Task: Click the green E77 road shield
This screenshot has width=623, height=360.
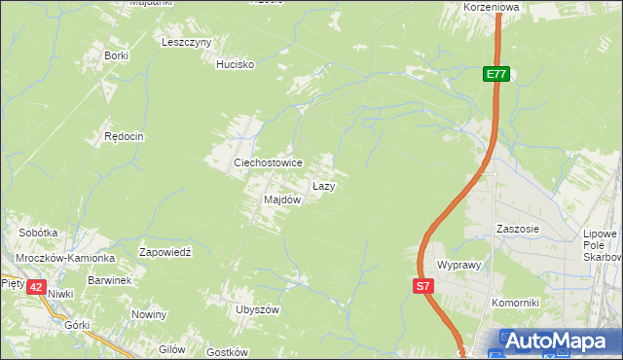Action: click(496, 74)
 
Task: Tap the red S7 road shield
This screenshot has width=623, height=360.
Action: click(422, 286)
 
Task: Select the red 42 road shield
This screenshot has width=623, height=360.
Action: click(35, 286)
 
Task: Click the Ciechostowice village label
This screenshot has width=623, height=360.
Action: click(267, 162)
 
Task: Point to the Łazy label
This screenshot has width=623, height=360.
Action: click(323, 185)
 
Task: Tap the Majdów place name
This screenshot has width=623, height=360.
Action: click(282, 199)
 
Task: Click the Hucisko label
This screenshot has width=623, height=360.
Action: click(235, 64)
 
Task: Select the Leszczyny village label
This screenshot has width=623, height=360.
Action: click(187, 43)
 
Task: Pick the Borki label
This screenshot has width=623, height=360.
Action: click(116, 55)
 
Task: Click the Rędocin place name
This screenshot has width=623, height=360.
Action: click(124, 137)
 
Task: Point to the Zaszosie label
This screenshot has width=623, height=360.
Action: click(517, 229)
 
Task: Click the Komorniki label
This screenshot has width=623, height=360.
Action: click(515, 303)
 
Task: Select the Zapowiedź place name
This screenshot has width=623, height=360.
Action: click(169, 251)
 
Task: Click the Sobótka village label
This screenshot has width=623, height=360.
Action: click(39, 234)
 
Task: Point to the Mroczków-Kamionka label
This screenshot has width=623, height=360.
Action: click(65, 259)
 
